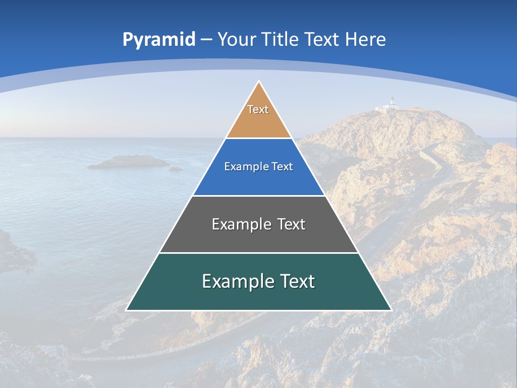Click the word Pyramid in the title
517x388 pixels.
[x=159, y=40]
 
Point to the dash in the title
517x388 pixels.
[x=206, y=40]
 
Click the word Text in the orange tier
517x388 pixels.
[x=258, y=109]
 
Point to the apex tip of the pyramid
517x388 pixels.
[x=258, y=82]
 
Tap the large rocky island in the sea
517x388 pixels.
[x=128, y=162]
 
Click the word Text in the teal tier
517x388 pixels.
[x=296, y=281]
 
